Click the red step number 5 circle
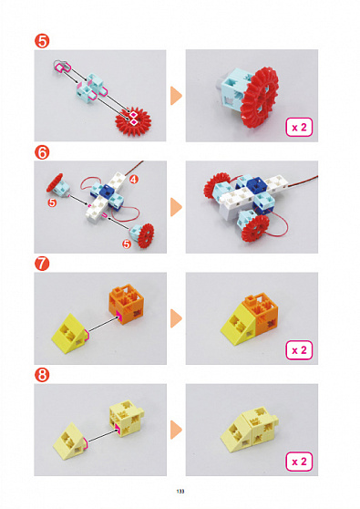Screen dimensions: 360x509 42,41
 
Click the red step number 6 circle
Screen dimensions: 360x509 42,152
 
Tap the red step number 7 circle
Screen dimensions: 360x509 42,264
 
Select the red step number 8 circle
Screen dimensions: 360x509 42,375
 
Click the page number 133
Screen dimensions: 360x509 180,492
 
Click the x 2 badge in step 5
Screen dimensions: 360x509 299,127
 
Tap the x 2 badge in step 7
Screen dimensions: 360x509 299,350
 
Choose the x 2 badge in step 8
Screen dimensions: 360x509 299,462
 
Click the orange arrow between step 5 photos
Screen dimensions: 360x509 176,96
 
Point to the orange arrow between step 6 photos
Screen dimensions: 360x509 176,207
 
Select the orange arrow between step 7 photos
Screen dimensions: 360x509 176,318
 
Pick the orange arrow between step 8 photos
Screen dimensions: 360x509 176,430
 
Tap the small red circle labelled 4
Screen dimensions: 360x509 134,179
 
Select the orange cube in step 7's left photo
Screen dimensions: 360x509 127,304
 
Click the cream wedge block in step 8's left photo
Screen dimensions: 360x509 71,441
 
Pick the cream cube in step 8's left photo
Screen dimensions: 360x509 127,419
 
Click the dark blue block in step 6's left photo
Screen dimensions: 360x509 108,191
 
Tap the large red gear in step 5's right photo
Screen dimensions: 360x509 260,98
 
